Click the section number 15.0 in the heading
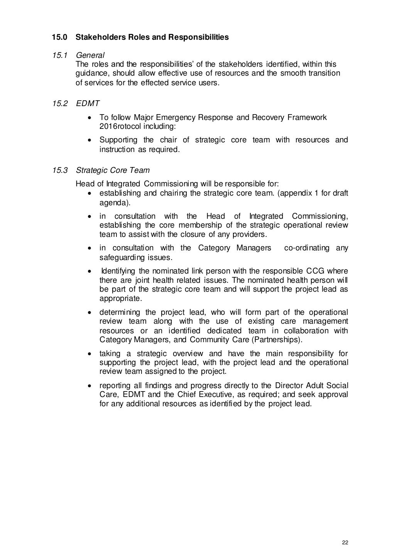point(60,37)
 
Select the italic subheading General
point(90,55)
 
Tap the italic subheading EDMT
point(88,103)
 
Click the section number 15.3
point(60,170)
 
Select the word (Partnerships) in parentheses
point(274,340)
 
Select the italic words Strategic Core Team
point(113,170)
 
